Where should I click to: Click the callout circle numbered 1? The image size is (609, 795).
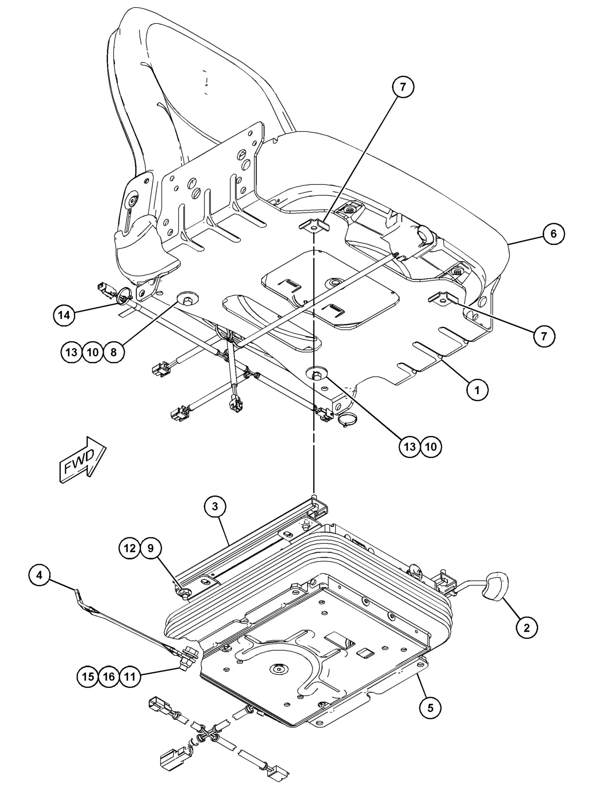tap(477, 390)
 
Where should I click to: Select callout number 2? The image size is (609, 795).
tap(526, 627)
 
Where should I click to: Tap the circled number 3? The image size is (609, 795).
tap(215, 506)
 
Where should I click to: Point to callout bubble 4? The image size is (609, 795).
tap(39, 575)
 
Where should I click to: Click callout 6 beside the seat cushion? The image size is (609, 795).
tap(553, 234)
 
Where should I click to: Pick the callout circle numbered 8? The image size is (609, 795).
tap(113, 352)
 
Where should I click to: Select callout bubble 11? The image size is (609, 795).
tap(130, 676)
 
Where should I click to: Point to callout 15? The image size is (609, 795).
tap(88, 676)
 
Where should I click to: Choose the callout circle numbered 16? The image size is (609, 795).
tap(109, 676)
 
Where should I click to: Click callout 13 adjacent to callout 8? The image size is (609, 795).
tap(72, 352)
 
